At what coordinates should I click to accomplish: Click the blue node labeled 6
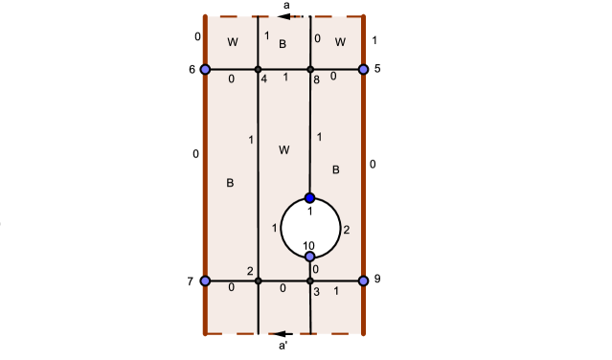click(205, 69)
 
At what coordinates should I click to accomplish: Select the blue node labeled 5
click(364, 69)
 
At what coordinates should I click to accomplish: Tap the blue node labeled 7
click(205, 281)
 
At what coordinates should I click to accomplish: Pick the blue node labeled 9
click(364, 281)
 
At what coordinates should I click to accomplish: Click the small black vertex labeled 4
click(259, 69)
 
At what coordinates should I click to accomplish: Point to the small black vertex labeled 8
click(310, 69)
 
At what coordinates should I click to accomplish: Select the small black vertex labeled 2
click(259, 281)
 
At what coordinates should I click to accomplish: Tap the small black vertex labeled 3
click(310, 281)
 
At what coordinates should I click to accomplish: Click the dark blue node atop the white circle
click(310, 198)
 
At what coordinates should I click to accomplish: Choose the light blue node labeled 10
click(310, 257)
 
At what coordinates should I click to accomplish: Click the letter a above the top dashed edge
click(286, 6)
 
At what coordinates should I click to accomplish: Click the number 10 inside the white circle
click(308, 246)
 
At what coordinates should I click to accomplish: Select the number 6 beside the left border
click(192, 69)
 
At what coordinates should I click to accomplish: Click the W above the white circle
click(283, 150)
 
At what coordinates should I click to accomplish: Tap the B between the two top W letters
click(283, 44)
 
